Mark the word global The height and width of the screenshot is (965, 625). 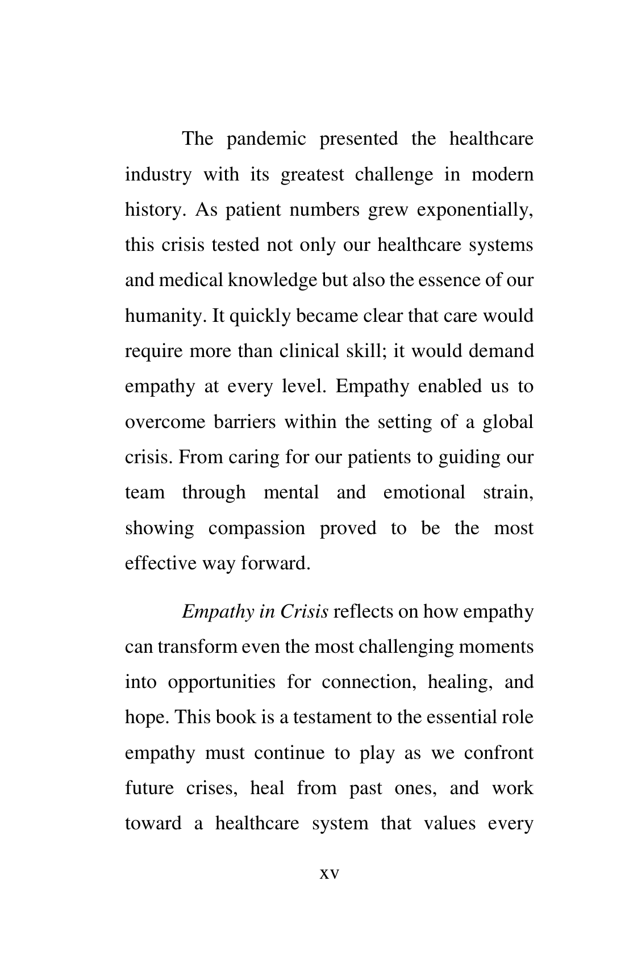(x=508, y=422)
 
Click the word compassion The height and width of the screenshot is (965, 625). (x=256, y=528)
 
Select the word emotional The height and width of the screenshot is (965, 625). (x=424, y=493)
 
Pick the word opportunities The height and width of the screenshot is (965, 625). (x=221, y=683)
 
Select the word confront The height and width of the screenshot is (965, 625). (x=498, y=754)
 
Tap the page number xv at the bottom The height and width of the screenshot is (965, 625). (x=329, y=874)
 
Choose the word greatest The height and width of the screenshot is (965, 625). (x=312, y=175)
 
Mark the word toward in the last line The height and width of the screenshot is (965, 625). (x=153, y=824)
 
